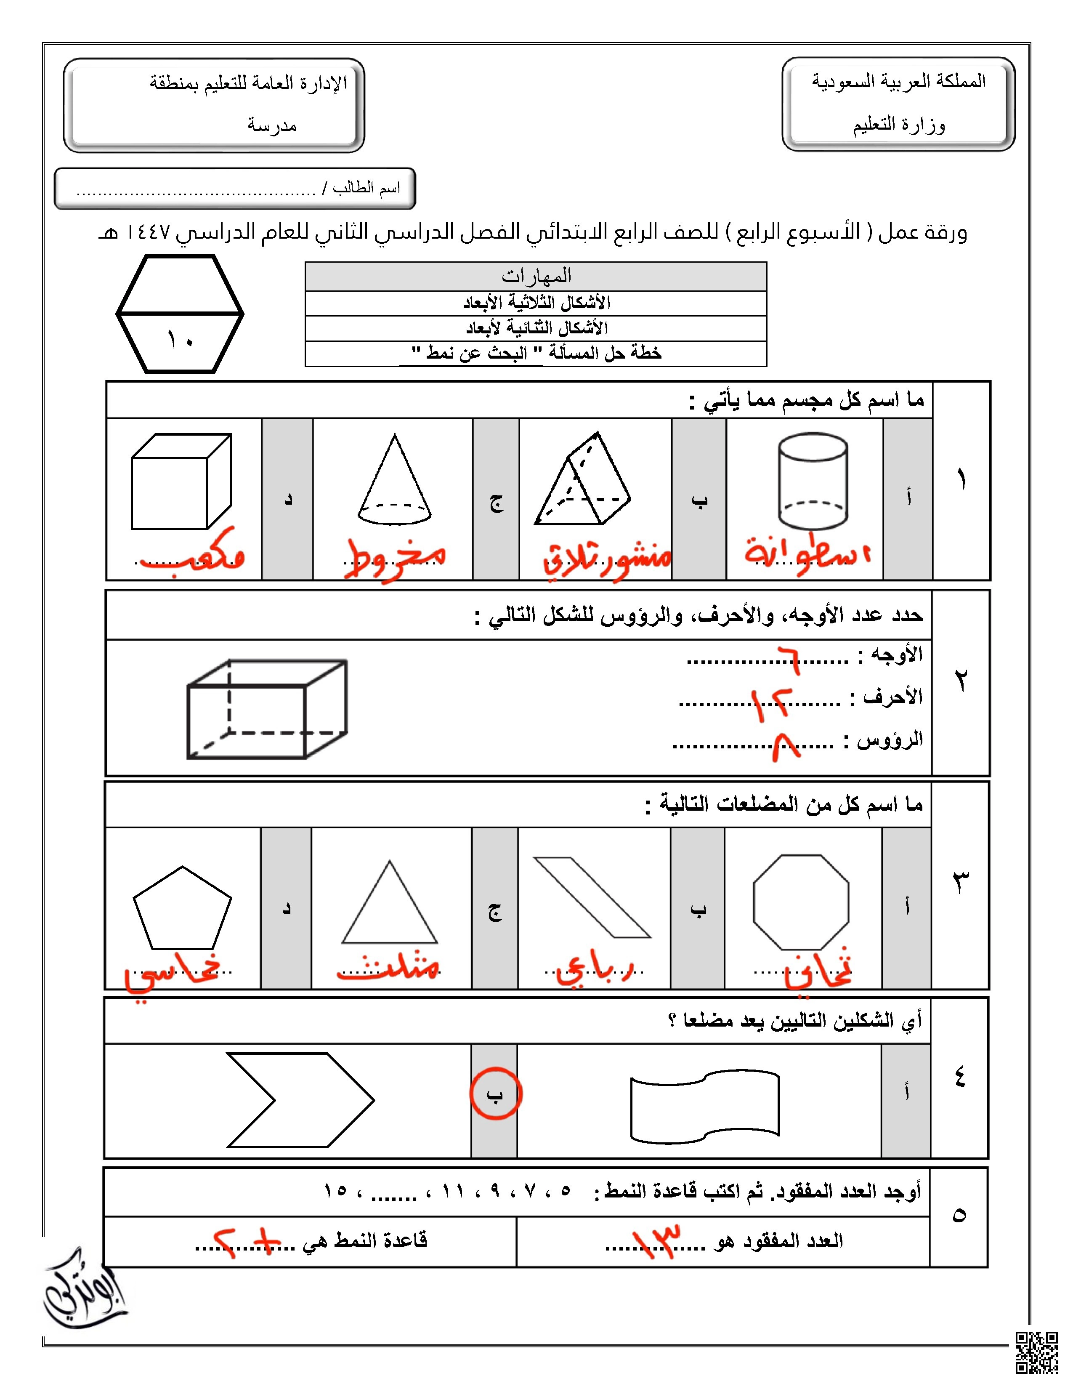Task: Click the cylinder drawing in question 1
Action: click(x=813, y=482)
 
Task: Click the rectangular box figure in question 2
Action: click(x=266, y=709)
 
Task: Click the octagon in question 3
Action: click(x=801, y=902)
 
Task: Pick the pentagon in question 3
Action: click(x=183, y=908)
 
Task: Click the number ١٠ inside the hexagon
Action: click(x=180, y=340)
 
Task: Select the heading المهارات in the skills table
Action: click(x=536, y=277)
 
